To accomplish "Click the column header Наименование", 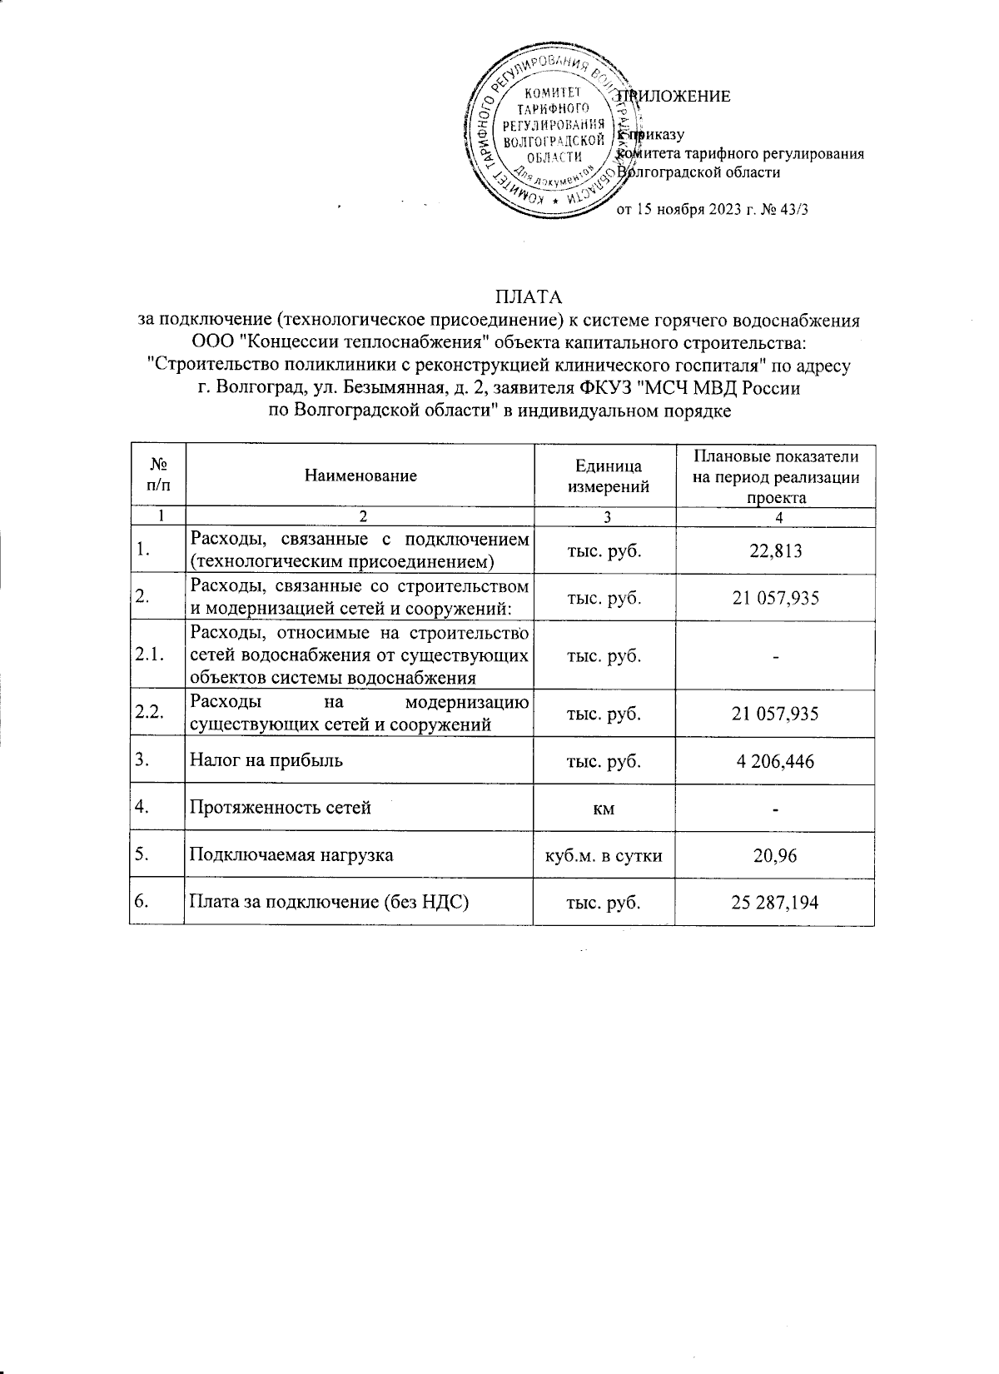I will click(360, 476).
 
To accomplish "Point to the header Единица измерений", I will click(608, 476).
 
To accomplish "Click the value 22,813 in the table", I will click(775, 550).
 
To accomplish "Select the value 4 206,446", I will click(775, 761).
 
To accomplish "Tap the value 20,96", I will click(775, 855).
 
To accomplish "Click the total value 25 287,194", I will click(775, 902).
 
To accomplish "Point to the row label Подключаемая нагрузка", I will click(291, 854).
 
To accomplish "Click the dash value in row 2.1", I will click(775, 656).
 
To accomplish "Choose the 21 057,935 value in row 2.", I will click(775, 598).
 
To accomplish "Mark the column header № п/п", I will click(157, 476).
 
